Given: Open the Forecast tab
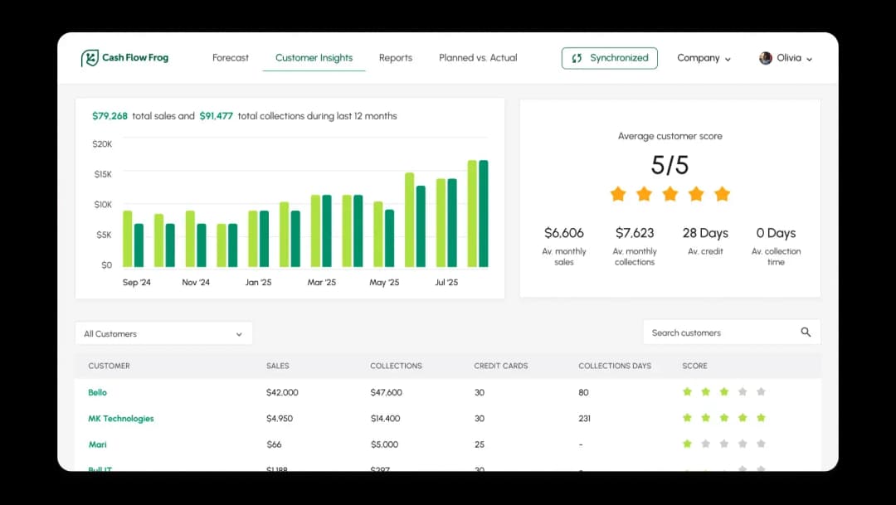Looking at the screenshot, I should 231,58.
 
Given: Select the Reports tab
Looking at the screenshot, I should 396,58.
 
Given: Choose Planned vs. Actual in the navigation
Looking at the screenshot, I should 478,58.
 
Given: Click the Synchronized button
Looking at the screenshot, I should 610,58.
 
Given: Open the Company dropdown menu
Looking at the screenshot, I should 704,58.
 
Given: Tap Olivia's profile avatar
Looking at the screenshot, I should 766,58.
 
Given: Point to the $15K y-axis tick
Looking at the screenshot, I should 102,174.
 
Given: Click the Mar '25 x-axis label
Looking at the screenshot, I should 321,283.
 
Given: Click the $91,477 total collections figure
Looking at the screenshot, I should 216,116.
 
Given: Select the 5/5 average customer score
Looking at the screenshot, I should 670,165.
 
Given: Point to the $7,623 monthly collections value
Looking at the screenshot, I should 635,233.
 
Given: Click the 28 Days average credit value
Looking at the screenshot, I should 705,233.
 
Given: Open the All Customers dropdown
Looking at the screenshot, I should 163,333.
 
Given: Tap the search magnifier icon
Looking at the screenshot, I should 806,333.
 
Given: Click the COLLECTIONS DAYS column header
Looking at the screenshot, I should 615,366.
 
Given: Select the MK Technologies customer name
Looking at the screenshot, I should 121,419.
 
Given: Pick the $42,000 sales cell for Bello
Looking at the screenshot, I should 282,392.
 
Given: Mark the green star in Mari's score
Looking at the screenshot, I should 687,444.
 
